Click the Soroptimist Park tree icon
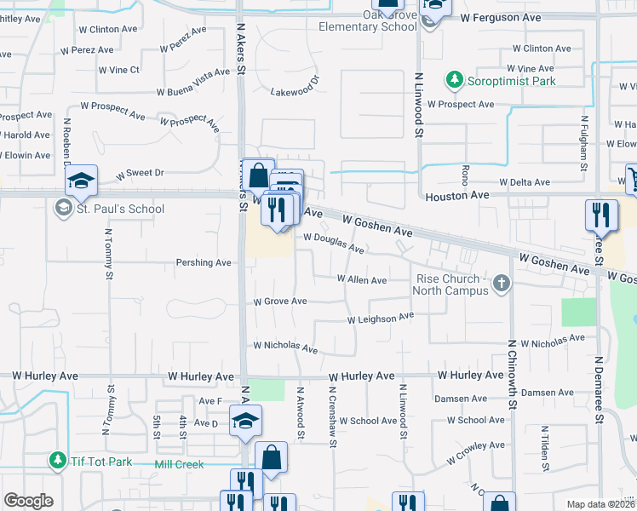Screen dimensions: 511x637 click(x=454, y=81)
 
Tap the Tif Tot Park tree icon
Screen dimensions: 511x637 click(x=57, y=460)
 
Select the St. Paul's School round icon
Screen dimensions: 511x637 click(x=63, y=209)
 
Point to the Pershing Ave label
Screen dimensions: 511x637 click(x=204, y=262)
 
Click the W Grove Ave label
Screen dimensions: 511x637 click(x=279, y=301)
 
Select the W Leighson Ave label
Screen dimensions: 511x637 click(x=380, y=319)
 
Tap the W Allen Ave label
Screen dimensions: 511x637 click(x=362, y=279)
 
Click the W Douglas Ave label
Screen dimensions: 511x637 click(x=334, y=244)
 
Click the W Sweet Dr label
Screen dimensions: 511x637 click(x=140, y=173)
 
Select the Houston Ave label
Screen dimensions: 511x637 click(x=457, y=195)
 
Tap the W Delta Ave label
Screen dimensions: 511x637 click(x=527, y=182)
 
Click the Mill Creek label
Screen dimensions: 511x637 click(x=181, y=465)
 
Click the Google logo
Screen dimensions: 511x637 click(x=28, y=501)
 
